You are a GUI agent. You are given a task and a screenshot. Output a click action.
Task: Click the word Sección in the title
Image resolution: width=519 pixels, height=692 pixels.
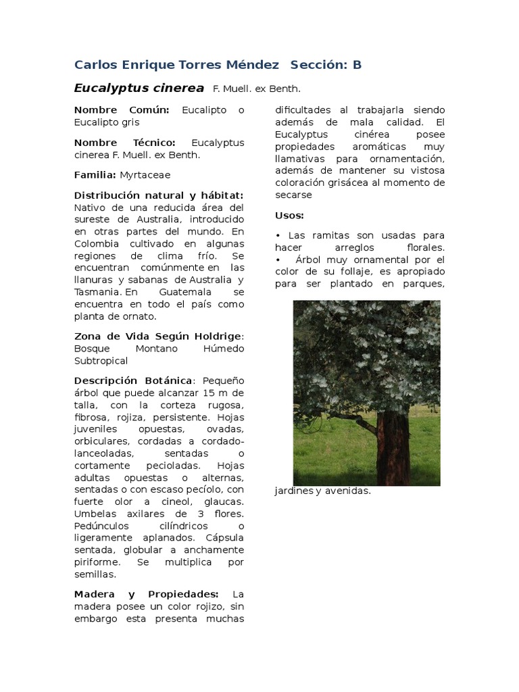pos(318,65)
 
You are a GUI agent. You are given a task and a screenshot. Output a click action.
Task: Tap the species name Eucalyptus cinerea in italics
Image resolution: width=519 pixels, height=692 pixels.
pos(139,88)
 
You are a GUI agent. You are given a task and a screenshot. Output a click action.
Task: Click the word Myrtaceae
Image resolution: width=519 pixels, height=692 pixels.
pos(145,174)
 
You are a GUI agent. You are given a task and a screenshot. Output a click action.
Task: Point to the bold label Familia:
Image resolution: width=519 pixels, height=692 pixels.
pos(95,174)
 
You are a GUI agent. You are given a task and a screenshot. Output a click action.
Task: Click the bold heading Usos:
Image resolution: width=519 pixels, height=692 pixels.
pos(289,215)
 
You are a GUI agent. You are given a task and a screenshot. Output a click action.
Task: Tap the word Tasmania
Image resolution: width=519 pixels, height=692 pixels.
pos(98,292)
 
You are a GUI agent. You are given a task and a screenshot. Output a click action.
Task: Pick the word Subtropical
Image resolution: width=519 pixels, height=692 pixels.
pos(101,361)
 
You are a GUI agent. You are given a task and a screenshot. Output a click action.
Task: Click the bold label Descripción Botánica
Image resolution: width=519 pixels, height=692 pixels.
pos(133,380)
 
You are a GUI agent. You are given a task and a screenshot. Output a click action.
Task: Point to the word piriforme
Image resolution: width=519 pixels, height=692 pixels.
pos(97,562)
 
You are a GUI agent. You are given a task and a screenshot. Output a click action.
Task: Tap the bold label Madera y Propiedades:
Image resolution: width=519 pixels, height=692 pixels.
pos(146,594)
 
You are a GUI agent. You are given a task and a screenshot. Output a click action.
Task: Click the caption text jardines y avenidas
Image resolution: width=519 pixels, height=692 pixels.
pos(323,491)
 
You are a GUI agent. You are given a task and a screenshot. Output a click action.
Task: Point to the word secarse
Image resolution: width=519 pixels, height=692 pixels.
pos(293,195)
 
